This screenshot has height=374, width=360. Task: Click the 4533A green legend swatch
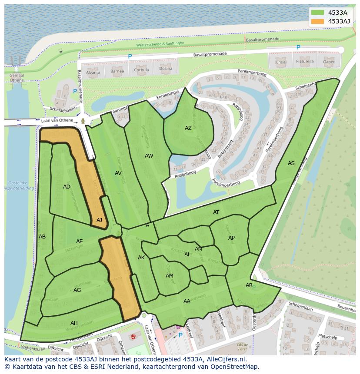(x=318, y=13)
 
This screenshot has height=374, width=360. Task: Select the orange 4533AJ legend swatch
(x=318, y=21)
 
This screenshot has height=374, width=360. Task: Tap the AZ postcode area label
(x=188, y=128)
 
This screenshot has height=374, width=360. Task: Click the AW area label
(x=149, y=156)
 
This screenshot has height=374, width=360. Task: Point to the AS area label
(x=291, y=163)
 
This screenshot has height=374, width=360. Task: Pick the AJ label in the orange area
(x=99, y=220)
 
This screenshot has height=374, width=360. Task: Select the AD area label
(x=67, y=187)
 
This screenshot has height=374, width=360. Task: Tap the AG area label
(x=77, y=290)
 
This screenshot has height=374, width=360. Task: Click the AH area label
(x=74, y=323)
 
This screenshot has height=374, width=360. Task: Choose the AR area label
(x=249, y=285)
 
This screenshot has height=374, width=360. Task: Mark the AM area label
(x=170, y=276)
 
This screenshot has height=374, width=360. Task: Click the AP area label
(x=231, y=238)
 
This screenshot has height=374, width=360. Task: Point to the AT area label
(x=216, y=212)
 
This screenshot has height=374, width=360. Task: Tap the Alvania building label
(x=93, y=72)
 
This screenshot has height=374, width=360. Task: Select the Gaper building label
(x=329, y=62)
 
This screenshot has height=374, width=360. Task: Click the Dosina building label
(x=165, y=69)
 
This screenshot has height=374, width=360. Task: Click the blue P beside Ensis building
(x=298, y=47)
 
